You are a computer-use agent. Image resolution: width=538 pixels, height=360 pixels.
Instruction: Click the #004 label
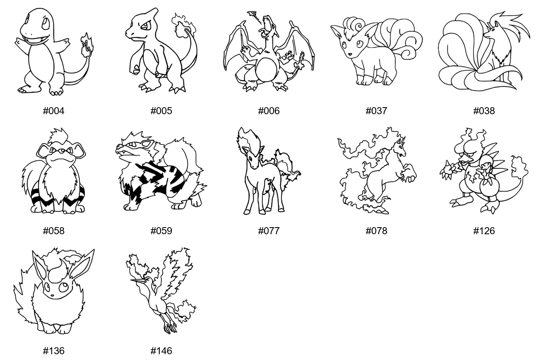[53, 111]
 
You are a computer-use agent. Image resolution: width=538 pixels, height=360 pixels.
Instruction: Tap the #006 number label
[269, 111]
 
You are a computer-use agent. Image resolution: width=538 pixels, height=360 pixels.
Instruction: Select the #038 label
[484, 111]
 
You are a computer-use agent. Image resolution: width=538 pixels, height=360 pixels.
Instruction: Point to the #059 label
[161, 231]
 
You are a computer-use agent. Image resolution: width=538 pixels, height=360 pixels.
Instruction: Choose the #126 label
[484, 231]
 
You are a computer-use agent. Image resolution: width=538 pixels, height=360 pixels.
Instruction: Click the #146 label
[161, 351]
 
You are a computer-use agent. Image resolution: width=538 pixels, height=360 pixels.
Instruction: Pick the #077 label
[269, 231]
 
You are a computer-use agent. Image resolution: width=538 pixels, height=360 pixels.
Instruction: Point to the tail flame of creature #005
[184, 25]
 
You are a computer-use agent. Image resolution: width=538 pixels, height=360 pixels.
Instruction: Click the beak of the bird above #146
[139, 280]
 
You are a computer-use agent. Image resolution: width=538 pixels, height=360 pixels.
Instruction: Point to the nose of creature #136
[52, 295]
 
